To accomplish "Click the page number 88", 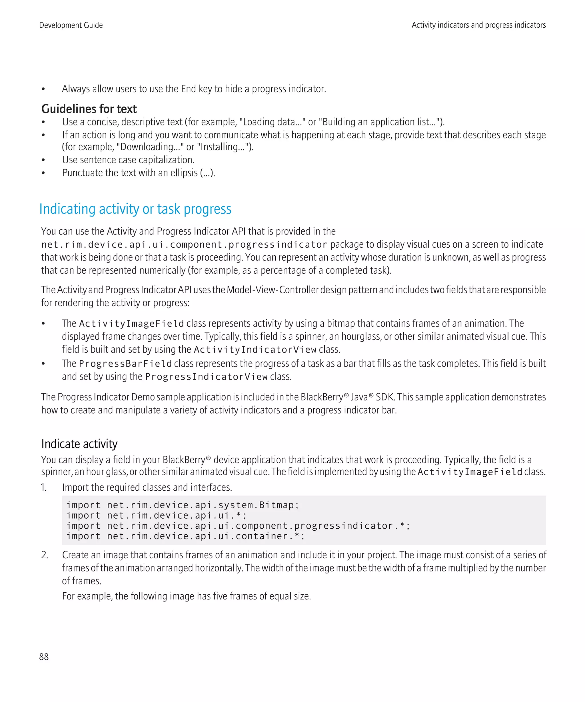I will (44, 657).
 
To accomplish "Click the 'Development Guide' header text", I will (71, 25).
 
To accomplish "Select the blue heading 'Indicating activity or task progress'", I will (135, 209).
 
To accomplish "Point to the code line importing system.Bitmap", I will (183, 505).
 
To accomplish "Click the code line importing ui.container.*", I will (186, 536).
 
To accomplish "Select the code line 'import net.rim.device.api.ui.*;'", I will (156, 516).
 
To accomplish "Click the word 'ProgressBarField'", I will (125, 364).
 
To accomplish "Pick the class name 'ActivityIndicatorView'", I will (255, 350).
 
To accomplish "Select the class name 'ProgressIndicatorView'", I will (206, 377).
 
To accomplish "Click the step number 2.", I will (45, 555).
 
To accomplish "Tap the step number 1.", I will (44, 488).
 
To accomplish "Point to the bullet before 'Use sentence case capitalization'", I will (43, 160).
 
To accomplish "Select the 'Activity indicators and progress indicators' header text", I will (478, 25).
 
